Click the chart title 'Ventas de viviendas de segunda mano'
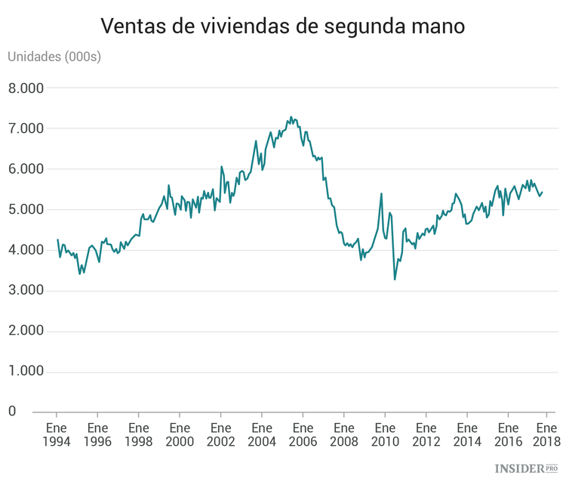click(283, 27)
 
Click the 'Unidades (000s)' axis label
click(54, 57)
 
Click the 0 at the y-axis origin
click(12, 412)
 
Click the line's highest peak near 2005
click(291, 117)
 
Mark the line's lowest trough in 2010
click(395, 280)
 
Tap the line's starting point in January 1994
click(57, 239)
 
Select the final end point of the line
click(543, 192)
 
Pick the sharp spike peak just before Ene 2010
click(381, 193)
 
